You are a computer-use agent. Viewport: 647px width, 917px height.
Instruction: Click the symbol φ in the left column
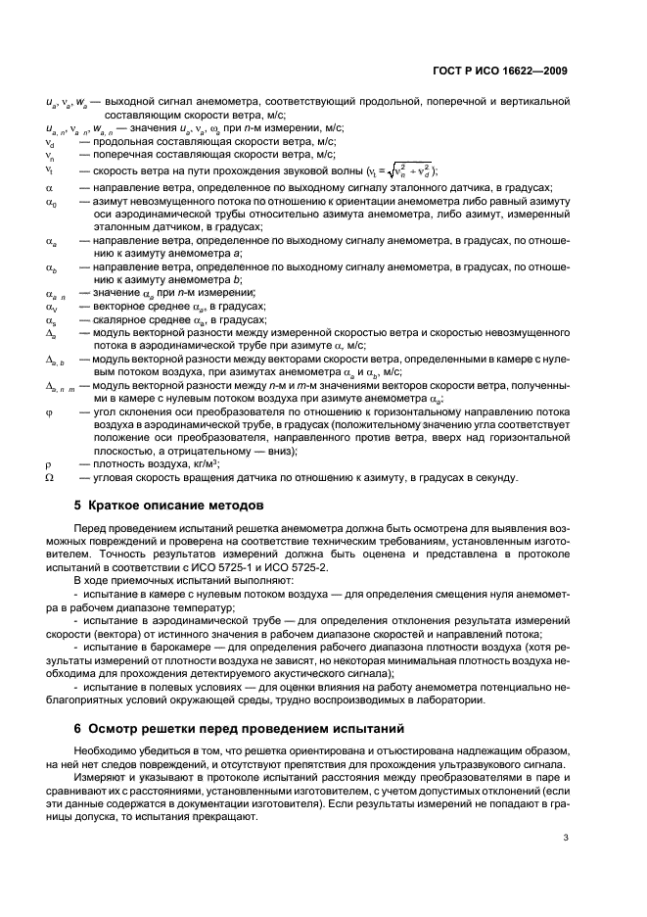pos(50,414)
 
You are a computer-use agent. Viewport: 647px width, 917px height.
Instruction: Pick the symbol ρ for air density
pos(49,463)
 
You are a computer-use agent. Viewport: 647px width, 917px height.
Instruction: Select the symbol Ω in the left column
pos(50,477)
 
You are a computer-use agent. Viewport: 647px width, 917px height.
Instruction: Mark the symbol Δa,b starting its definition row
pos(55,362)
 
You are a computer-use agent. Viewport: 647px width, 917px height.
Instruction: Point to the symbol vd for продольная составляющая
pos(51,141)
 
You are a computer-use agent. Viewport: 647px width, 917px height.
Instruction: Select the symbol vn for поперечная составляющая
pos(51,155)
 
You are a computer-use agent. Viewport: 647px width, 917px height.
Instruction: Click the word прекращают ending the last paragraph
pos(221,815)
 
